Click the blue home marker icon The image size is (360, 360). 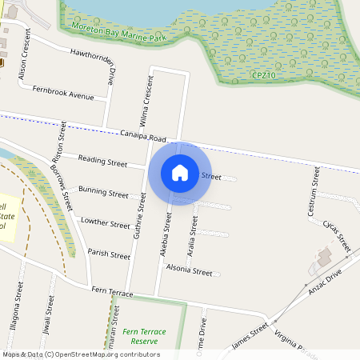(x=180, y=173)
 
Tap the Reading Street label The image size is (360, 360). (x=102, y=162)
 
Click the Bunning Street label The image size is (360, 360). (x=103, y=194)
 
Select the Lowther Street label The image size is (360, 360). (x=105, y=225)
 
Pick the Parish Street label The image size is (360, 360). (x=109, y=255)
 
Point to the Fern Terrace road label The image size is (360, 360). (x=112, y=292)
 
